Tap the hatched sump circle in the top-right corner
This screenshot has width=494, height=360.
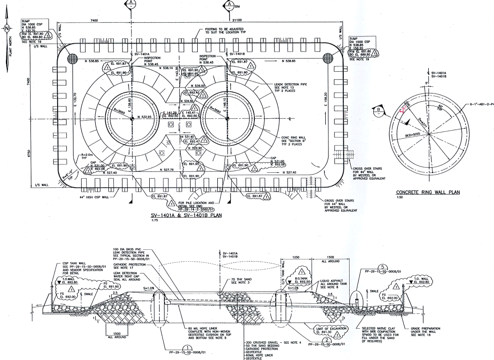tap(328, 58)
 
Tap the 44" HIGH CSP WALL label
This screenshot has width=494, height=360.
tap(94, 198)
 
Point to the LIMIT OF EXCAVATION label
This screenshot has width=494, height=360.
tap(328, 328)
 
